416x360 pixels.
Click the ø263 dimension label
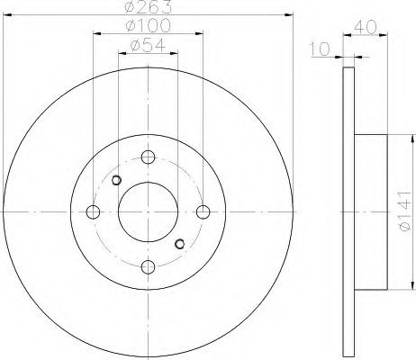click(x=148, y=6)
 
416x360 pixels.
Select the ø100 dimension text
click(x=148, y=25)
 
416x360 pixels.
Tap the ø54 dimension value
click(x=148, y=45)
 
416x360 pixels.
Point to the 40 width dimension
click(x=365, y=27)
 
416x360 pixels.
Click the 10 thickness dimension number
click(x=320, y=49)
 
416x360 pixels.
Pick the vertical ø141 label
click(x=404, y=211)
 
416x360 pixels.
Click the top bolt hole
click(x=148, y=157)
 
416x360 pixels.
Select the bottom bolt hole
click(x=148, y=267)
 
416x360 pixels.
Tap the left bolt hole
click(x=93, y=212)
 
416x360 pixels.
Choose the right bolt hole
click(x=203, y=212)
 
